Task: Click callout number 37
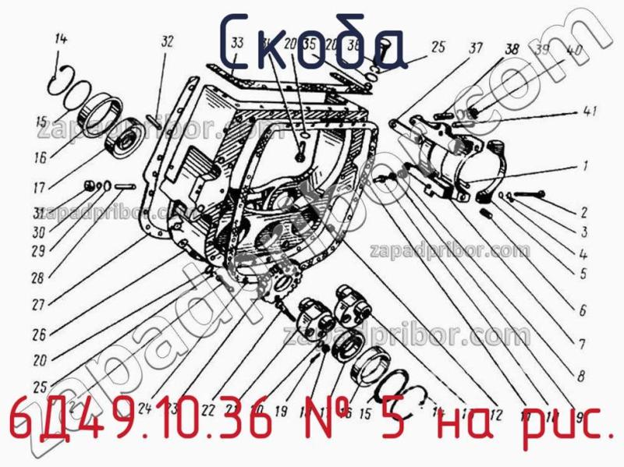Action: [476, 48]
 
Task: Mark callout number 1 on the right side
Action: [583, 166]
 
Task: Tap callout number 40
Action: [576, 51]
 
